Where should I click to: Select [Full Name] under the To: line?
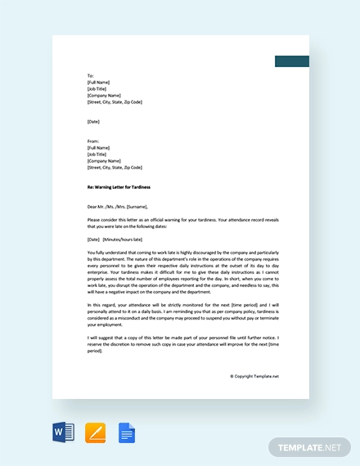99,83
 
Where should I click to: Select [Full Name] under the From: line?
99,148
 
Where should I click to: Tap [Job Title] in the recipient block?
97,89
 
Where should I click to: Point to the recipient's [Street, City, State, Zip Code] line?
115,102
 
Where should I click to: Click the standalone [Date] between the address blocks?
92,122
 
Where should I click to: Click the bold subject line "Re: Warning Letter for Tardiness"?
119,187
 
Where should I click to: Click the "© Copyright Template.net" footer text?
254,376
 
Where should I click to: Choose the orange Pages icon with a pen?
96,432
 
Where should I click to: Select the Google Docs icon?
127,432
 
